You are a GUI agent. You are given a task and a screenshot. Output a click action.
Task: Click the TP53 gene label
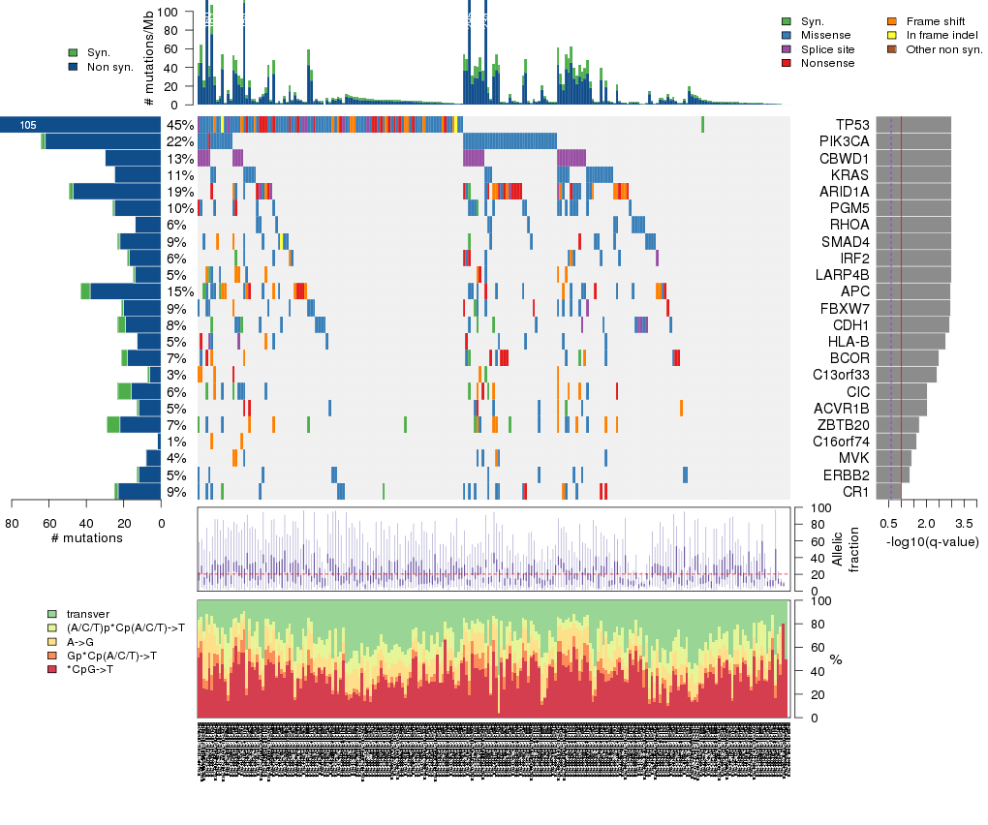click(x=851, y=125)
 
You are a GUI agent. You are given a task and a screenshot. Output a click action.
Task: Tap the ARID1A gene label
click(x=844, y=192)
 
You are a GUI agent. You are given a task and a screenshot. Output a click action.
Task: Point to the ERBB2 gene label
click(x=846, y=475)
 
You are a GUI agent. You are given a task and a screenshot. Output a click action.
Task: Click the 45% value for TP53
click(x=180, y=125)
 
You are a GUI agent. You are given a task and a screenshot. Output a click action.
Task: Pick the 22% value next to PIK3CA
click(x=180, y=141)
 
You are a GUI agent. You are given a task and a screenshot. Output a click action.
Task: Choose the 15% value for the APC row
click(x=180, y=291)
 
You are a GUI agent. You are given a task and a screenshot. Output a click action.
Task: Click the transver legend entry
click(x=88, y=614)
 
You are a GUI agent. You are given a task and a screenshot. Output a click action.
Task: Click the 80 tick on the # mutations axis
click(x=12, y=523)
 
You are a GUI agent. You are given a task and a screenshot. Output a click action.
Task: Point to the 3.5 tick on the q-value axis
click(x=966, y=523)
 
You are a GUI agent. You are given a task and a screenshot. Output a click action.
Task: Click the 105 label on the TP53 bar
click(x=28, y=125)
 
